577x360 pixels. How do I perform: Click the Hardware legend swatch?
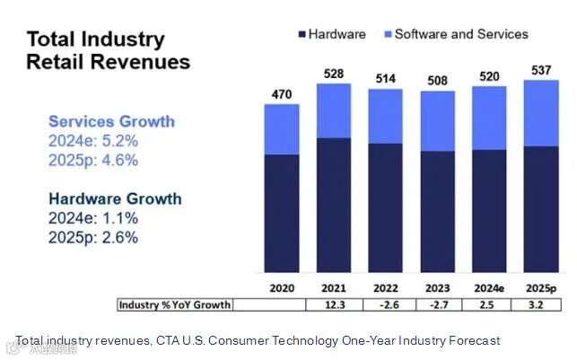[x=301, y=34]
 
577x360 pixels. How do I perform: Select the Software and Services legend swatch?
[x=388, y=34]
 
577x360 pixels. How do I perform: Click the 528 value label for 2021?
[x=333, y=73]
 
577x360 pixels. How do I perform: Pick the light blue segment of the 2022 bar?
[x=385, y=116]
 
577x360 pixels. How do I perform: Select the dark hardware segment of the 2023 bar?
[x=437, y=211]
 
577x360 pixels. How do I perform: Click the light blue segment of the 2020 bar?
[x=281, y=129]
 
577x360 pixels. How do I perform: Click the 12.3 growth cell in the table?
[x=333, y=305]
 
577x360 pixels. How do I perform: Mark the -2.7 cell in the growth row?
[x=437, y=305]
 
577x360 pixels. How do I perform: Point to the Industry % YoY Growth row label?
[x=174, y=305]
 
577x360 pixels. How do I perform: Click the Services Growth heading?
[x=111, y=121]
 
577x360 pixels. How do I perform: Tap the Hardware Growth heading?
[x=115, y=198]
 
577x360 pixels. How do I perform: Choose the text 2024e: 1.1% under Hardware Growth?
[x=93, y=218]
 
